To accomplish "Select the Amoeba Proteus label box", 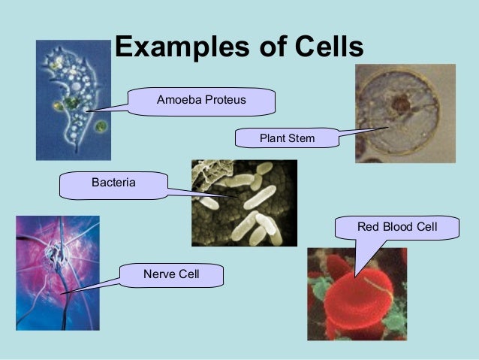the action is pos(201,100).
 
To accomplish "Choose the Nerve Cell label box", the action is pos(172,275).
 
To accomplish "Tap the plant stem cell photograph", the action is pos(405,113).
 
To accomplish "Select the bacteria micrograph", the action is pos(243,202).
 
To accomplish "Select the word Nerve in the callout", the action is pos(159,275).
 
